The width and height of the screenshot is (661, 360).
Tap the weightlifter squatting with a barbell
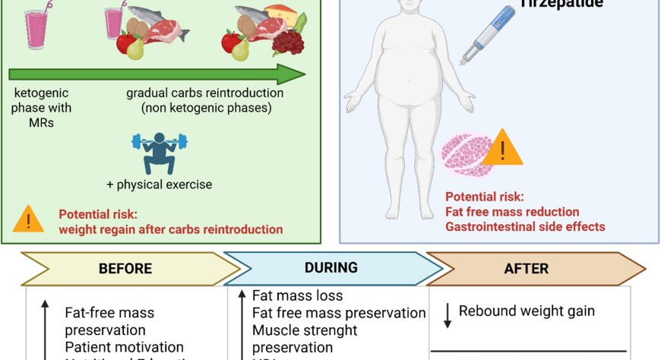[x=160, y=152]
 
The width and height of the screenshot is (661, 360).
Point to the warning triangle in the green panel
[x=28, y=219]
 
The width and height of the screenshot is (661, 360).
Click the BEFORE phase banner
[x=125, y=269]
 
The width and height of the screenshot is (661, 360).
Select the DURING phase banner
[x=331, y=268]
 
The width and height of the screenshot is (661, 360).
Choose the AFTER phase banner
[x=527, y=269]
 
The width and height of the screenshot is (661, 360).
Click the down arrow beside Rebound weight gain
[x=448, y=314]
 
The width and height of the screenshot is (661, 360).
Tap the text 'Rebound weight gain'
[x=527, y=311]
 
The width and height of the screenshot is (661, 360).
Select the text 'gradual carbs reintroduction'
[x=205, y=93]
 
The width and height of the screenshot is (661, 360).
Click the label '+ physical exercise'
[x=160, y=185]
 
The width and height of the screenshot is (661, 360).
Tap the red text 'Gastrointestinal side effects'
[x=525, y=226]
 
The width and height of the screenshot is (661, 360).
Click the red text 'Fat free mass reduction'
[x=512, y=212]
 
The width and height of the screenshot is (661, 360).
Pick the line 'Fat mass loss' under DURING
[x=297, y=295]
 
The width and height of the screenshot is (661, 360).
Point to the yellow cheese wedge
[x=280, y=16]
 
